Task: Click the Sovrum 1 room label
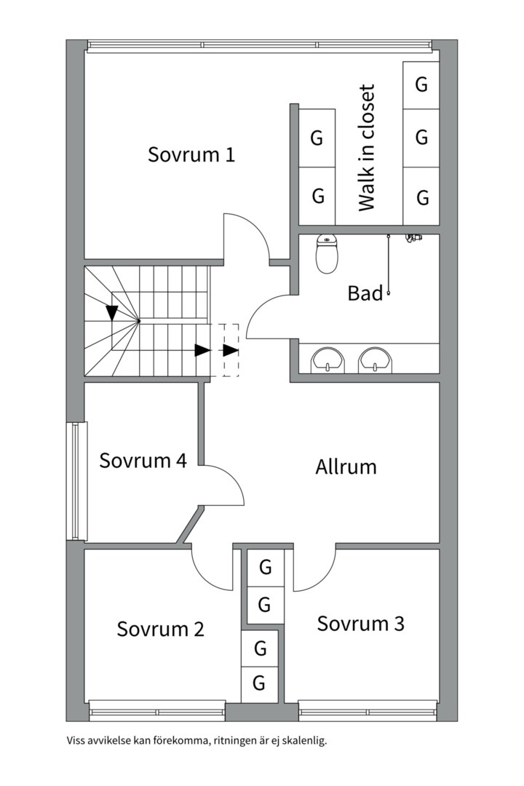point(191,154)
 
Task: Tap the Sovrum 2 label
point(160,629)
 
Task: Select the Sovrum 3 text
point(360,624)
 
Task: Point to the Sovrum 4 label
point(143,460)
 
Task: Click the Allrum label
point(346,467)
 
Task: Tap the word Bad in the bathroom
point(365,293)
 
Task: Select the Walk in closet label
point(367,148)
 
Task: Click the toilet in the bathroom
point(327,255)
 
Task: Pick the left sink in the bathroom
point(328,360)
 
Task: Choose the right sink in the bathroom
point(376,360)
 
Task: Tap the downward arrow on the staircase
point(112,313)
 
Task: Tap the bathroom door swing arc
point(257,310)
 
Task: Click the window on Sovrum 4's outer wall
point(76,481)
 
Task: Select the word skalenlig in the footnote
point(304,740)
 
